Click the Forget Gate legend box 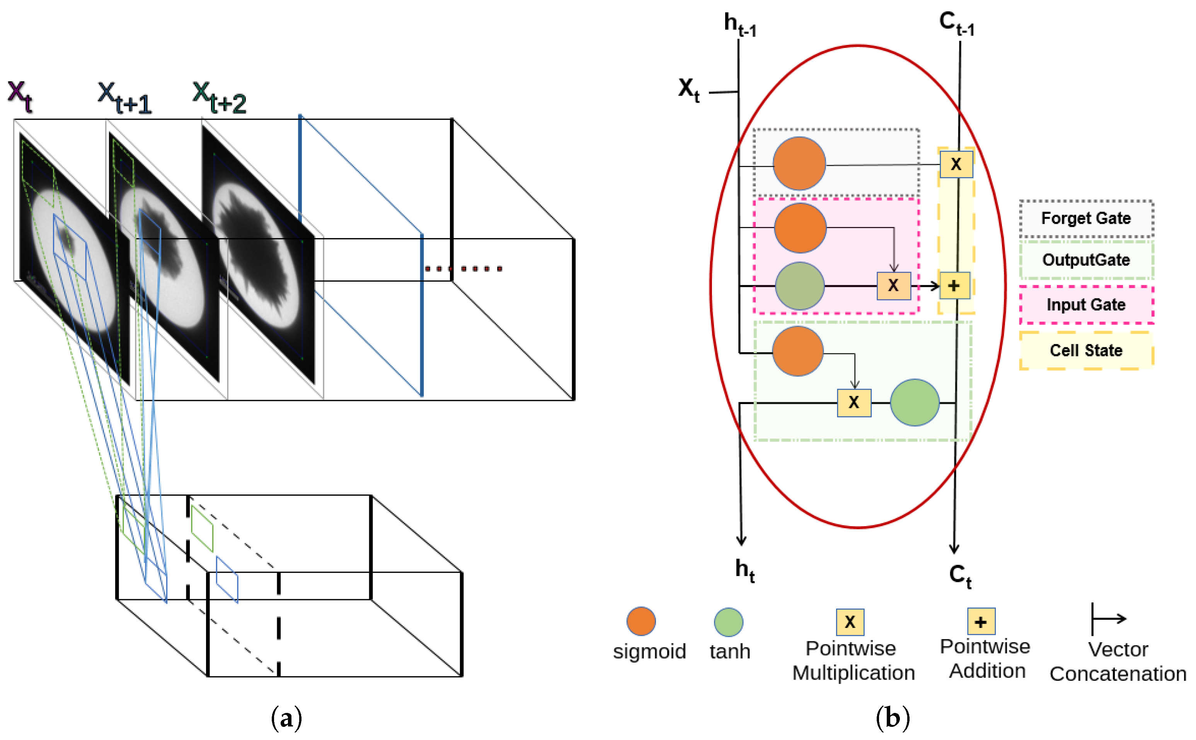(1085, 218)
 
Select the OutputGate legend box (1085, 260)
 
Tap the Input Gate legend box (1085, 305)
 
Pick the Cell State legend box (1085, 350)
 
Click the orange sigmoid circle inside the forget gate (799, 164)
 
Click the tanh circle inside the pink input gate (800, 286)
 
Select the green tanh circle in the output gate (914, 402)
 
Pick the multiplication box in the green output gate (854, 402)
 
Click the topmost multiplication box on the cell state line (956, 164)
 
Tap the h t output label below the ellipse (745, 571)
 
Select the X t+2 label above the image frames (219, 98)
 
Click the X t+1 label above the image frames (124, 98)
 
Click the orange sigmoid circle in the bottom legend (641, 621)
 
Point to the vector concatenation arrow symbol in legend (1108, 619)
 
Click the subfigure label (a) (286, 718)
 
